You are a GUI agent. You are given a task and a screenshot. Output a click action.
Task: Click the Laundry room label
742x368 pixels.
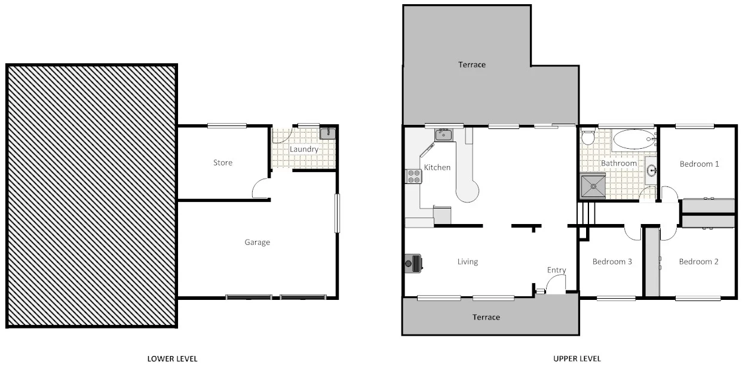pyautogui.click(x=303, y=149)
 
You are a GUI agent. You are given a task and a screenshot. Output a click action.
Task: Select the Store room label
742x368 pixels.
pyautogui.click(x=223, y=162)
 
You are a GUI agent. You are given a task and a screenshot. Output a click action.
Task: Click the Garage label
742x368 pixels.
pyautogui.click(x=257, y=242)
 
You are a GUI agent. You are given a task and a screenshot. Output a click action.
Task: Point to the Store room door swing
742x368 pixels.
pyautogui.click(x=260, y=189)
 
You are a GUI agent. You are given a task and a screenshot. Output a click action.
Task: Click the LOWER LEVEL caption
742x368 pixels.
pyautogui.click(x=172, y=358)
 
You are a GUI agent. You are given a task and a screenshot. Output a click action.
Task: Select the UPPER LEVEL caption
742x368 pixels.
pyautogui.click(x=577, y=358)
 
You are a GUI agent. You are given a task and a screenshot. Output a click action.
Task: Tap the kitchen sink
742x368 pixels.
pyautogui.click(x=443, y=135)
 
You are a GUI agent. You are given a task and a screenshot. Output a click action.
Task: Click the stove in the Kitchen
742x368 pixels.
pyautogui.click(x=413, y=176)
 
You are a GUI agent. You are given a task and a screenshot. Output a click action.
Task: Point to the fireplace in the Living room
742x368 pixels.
pyautogui.click(x=415, y=262)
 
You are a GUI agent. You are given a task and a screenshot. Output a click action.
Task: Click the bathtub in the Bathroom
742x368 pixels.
pyautogui.click(x=634, y=140)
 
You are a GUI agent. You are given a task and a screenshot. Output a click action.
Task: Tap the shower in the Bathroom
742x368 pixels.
pyautogui.click(x=593, y=186)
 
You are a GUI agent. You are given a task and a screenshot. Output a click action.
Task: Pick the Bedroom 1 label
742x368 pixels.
pyautogui.click(x=698, y=164)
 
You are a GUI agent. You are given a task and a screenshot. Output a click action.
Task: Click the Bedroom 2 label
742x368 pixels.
pyautogui.click(x=698, y=262)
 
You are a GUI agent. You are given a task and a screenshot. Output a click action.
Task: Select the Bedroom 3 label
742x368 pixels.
pyautogui.click(x=612, y=262)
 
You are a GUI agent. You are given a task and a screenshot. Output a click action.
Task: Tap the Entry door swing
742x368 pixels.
pyautogui.click(x=556, y=286)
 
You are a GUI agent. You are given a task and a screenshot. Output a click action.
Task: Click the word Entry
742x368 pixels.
pyautogui.click(x=556, y=271)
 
